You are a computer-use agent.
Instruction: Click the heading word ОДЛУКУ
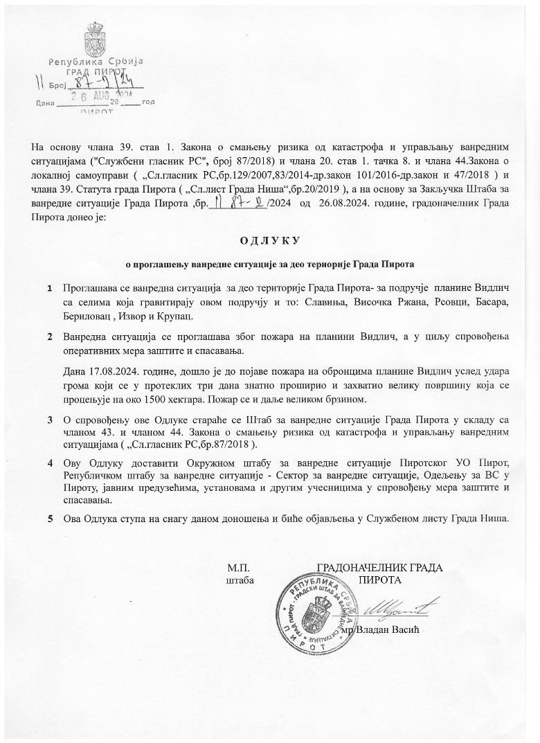[269, 241]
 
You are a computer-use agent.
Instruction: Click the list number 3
[50, 420]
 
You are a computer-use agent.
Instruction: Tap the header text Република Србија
[96, 61]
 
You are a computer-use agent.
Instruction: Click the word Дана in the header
[44, 103]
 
